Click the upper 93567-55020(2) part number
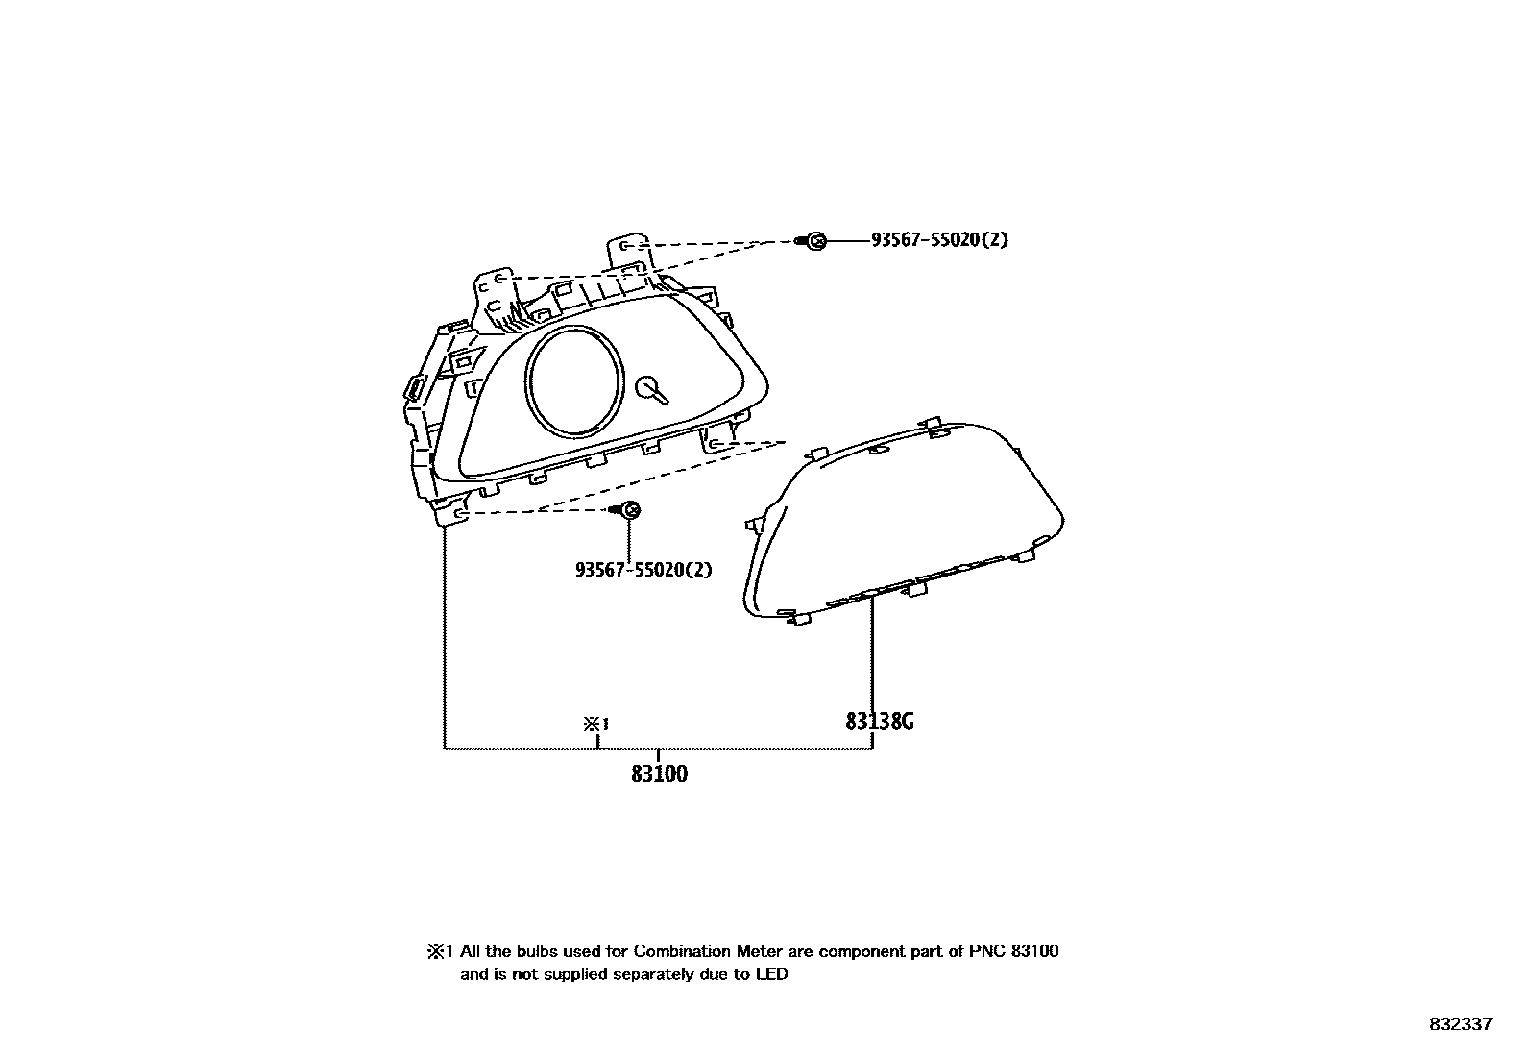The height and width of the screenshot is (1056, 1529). tap(939, 240)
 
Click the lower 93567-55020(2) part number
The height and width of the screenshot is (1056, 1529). tap(643, 570)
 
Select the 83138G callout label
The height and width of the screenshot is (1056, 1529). tap(879, 721)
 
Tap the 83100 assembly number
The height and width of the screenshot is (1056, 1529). tap(659, 774)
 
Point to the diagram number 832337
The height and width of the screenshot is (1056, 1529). tap(1461, 1024)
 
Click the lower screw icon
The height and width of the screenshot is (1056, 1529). tap(630, 510)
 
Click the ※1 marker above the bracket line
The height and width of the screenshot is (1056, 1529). tap(596, 724)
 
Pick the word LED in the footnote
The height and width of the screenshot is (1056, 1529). tap(774, 975)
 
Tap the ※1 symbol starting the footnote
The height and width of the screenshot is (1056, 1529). tap(439, 952)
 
